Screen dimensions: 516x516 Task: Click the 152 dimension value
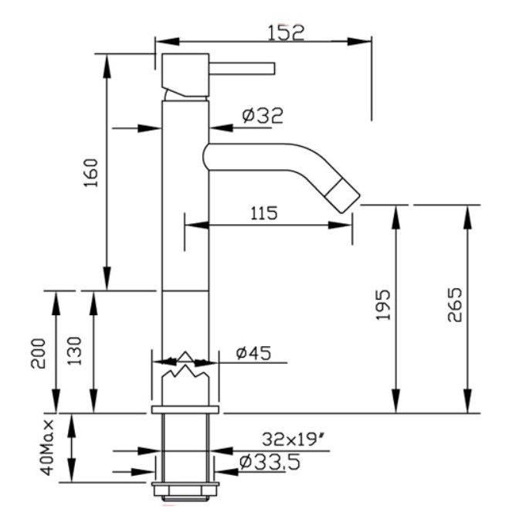tap(286, 32)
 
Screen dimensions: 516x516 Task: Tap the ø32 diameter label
tap(263, 116)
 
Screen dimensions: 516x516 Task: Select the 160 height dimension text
tap(91, 173)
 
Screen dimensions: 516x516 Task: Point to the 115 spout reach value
tap(264, 213)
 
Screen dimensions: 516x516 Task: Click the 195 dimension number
tap(383, 304)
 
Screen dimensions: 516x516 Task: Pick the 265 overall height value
tap(455, 304)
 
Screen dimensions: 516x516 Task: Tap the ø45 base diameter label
tap(253, 353)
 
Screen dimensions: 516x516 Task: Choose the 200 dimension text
tap(38, 354)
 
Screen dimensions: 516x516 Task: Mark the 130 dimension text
tap(74, 351)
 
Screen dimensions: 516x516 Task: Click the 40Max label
tap(47, 447)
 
